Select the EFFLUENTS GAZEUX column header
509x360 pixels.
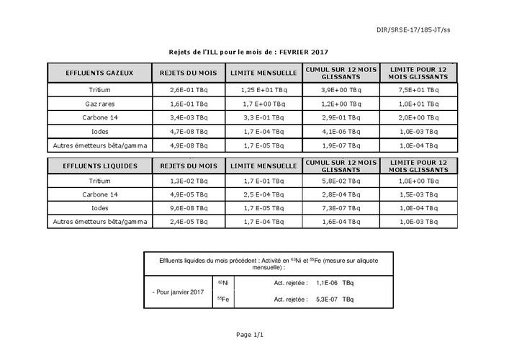click(99, 73)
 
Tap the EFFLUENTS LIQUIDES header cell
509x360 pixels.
click(99, 165)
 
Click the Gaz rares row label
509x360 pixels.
click(99, 104)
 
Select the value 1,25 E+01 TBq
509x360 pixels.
click(263, 91)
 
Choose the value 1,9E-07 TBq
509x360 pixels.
click(341, 145)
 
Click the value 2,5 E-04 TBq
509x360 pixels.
click(263, 194)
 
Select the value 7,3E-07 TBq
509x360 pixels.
click(341, 208)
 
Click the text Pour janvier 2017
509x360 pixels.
click(179, 291)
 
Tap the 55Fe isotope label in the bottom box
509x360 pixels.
click(223, 299)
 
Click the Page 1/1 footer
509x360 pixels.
click(250, 335)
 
